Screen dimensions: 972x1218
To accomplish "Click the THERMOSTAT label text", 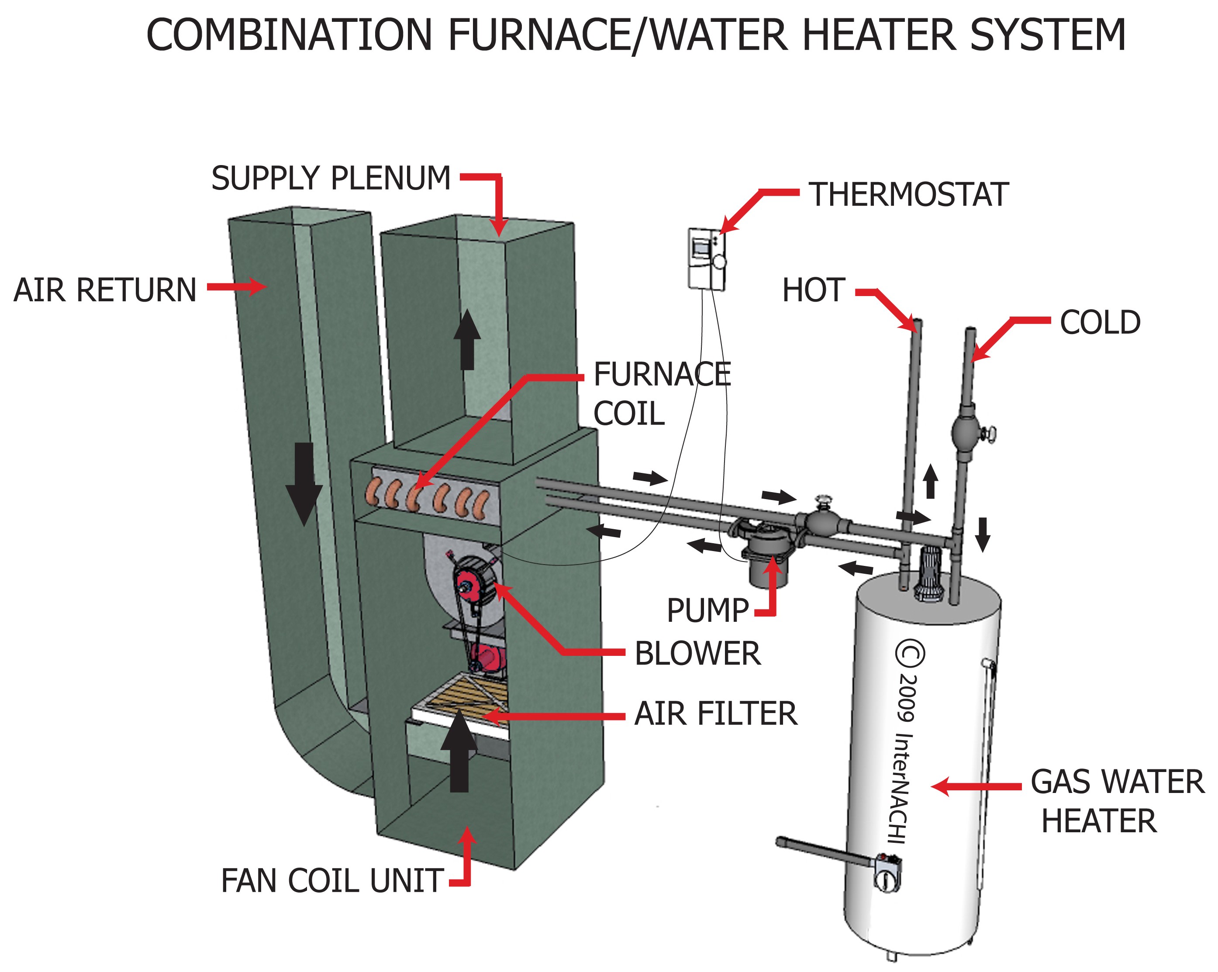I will (908, 195).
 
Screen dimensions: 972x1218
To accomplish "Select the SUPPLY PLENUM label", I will (331, 179).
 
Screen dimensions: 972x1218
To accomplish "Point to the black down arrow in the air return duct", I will (304, 483).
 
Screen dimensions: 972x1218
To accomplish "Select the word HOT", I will (814, 290).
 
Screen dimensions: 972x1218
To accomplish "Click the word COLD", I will (1099, 323).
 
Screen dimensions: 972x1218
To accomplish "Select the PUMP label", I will (707, 610).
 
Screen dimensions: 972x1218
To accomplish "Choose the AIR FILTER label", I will (715, 713).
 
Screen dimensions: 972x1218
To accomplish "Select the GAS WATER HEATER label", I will (1116, 801).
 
